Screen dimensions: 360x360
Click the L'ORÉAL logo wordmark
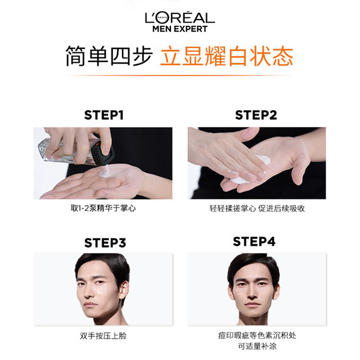coord(180,17)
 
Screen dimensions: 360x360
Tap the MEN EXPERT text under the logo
coord(180,29)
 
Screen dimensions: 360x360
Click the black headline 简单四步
coord(109,56)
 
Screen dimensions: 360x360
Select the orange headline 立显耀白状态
coord(227,56)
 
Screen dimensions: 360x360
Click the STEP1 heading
coord(103,115)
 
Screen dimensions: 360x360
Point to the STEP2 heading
coord(256,115)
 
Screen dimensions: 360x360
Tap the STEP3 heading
coord(105,242)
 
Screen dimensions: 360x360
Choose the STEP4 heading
coord(254,241)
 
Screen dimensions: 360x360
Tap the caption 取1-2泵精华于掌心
coord(103,208)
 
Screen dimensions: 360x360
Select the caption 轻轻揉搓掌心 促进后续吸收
coord(257,209)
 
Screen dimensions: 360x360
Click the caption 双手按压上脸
coord(103,336)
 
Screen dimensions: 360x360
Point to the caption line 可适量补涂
coord(257,346)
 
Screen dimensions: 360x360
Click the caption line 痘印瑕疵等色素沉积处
coord(257,336)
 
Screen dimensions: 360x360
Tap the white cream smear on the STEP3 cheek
coord(102,291)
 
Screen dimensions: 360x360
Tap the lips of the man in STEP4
coord(252,305)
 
